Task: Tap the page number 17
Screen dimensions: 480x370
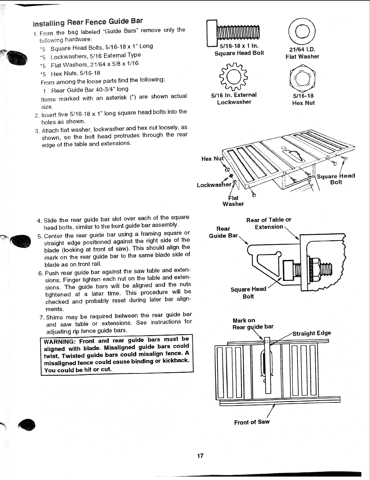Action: pyautogui.click(x=200, y=456)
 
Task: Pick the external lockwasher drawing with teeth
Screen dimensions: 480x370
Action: pyautogui.click(x=234, y=77)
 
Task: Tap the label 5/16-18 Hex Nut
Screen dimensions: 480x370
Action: pyautogui.click(x=303, y=99)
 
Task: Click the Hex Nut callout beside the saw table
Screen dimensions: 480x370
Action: pyautogui.click(x=212, y=159)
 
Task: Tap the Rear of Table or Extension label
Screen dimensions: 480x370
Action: pyautogui.click(x=269, y=223)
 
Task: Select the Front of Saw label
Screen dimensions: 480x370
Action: pyautogui.click(x=252, y=422)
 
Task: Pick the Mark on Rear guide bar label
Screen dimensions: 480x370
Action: pyautogui.click(x=253, y=323)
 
